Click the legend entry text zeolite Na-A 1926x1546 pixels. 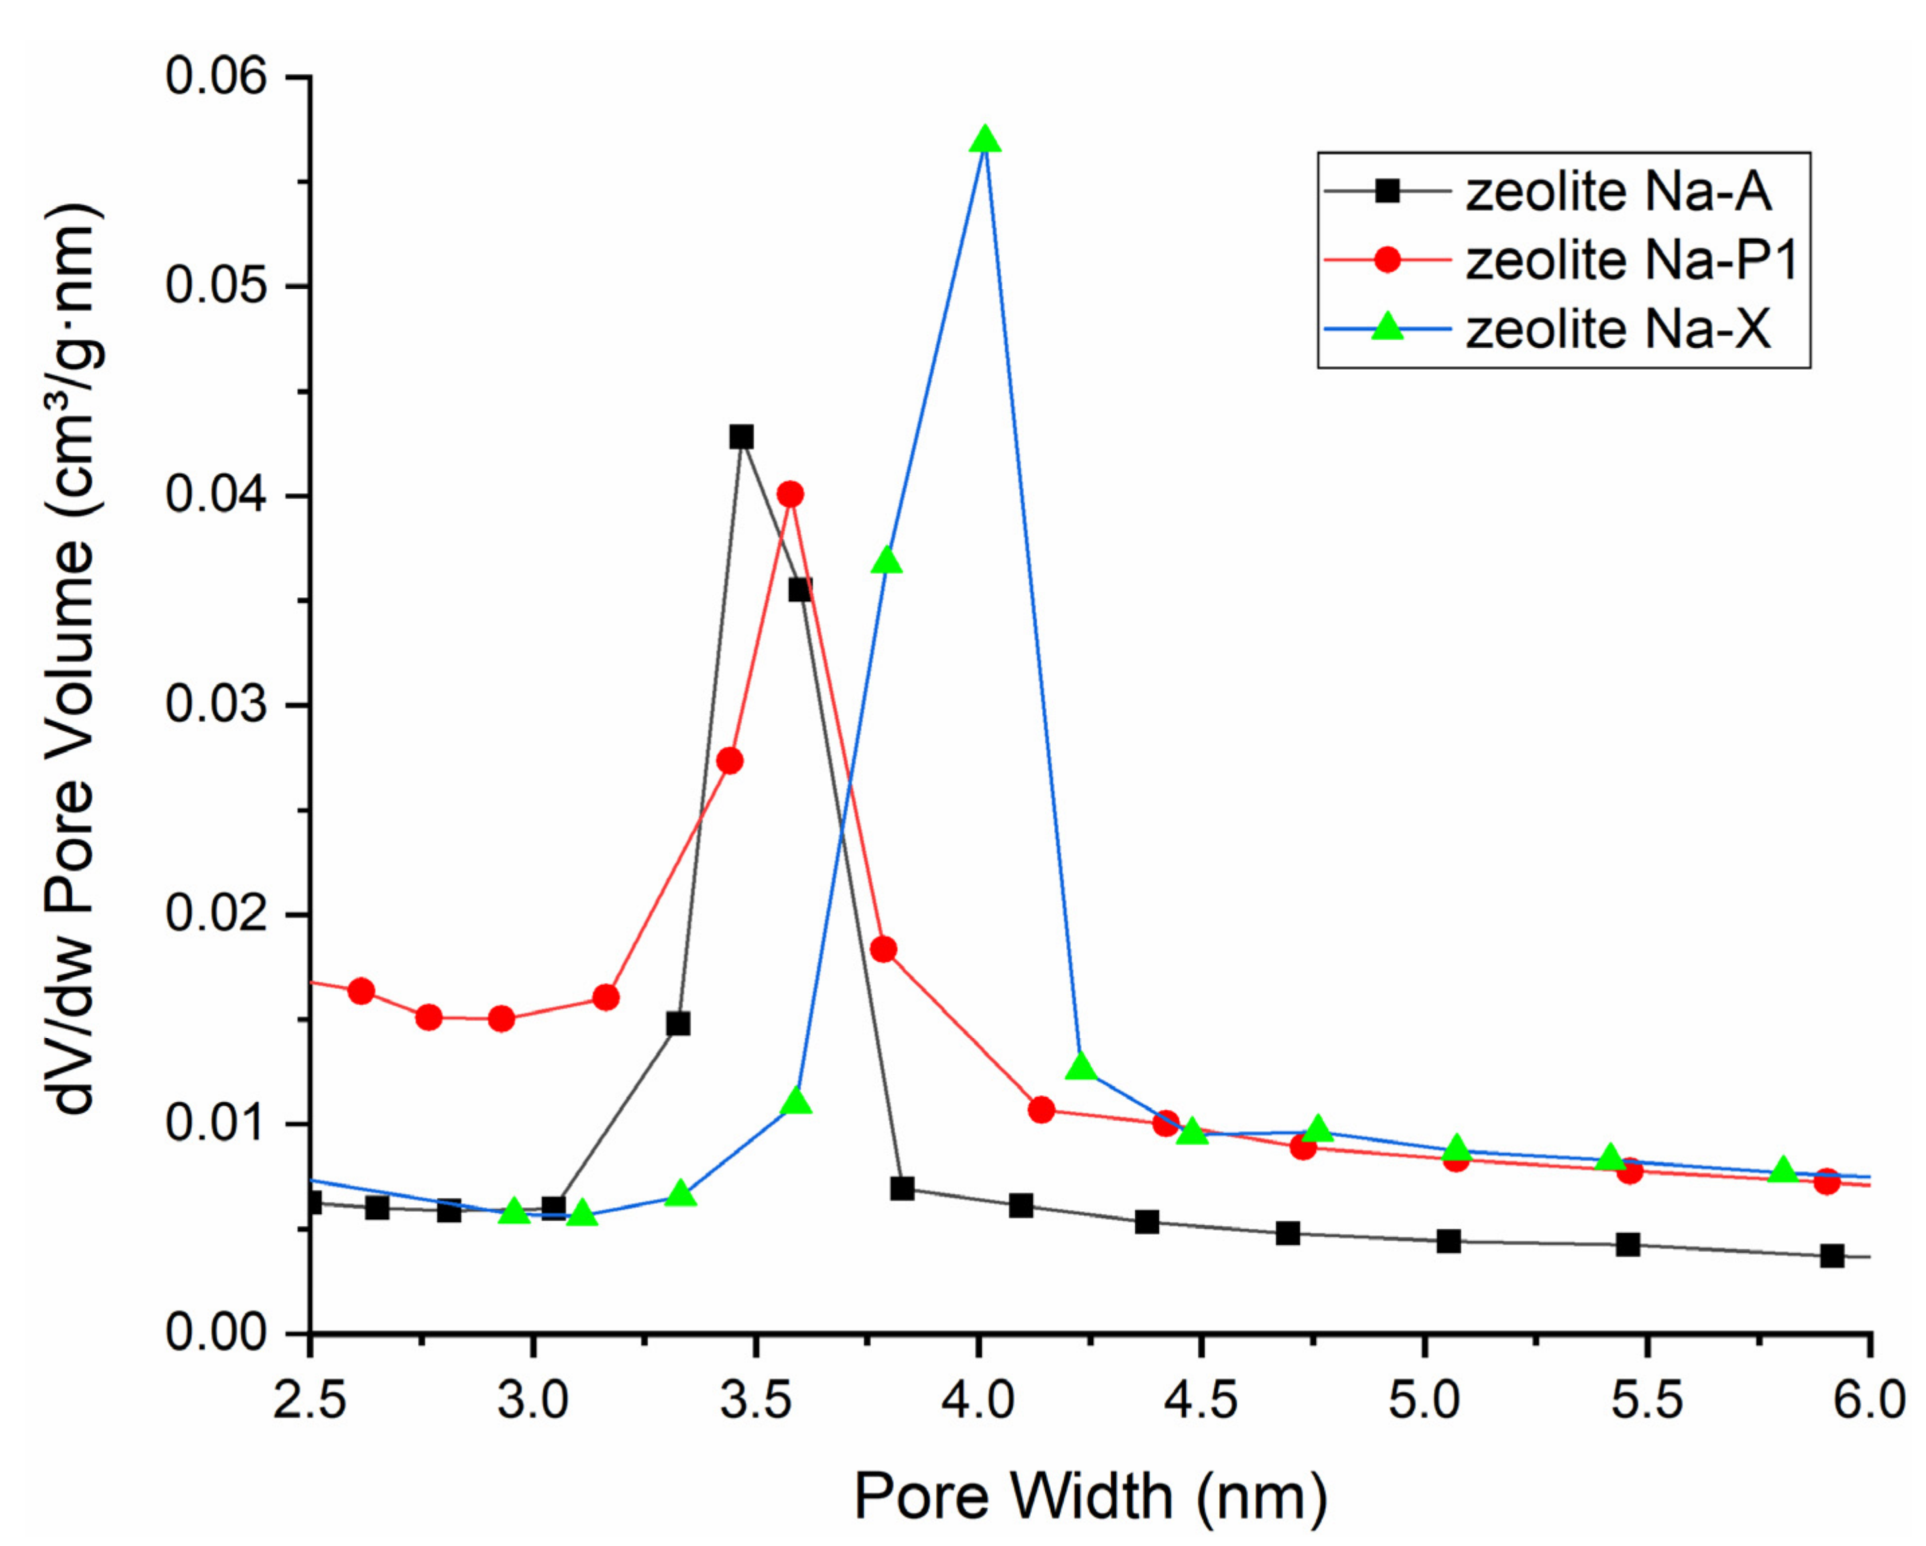click(1618, 192)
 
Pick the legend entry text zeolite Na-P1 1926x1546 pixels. click(1631, 261)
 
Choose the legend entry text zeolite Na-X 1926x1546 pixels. click(1618, 329)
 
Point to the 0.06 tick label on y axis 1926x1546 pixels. click(204, 77)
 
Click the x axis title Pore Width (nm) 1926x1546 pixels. click(1090, 1496)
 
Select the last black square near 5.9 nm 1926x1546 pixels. click(1832, 1255)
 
